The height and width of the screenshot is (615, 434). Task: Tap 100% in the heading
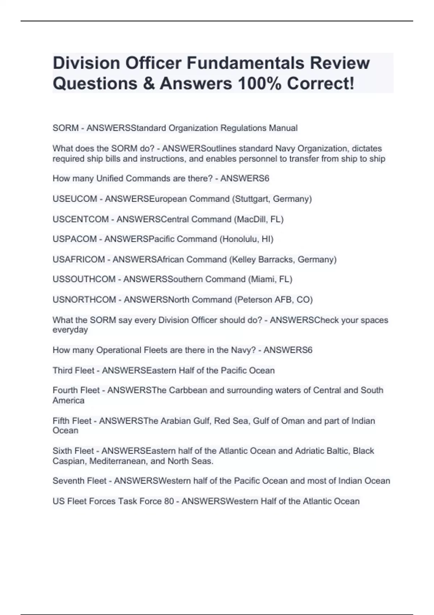pyautogui.click(x=259, y=84)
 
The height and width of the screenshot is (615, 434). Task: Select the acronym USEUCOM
pyautogui.click(x=75, y=199)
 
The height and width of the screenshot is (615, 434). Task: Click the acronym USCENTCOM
pyautogui.click(x=81, y=219)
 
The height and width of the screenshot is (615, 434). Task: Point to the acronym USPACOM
pyautogui.click(x=75, y=239)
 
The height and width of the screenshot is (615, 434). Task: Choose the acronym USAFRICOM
pyautogui.click(x=78, y=259)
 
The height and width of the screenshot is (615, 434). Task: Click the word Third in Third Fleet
pyautogui.click(x=63, y=370)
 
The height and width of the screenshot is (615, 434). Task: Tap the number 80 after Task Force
pyautogui.click(x=169, y=501)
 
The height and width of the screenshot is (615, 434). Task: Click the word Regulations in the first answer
pyautogui.click(x=242, y=128)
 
